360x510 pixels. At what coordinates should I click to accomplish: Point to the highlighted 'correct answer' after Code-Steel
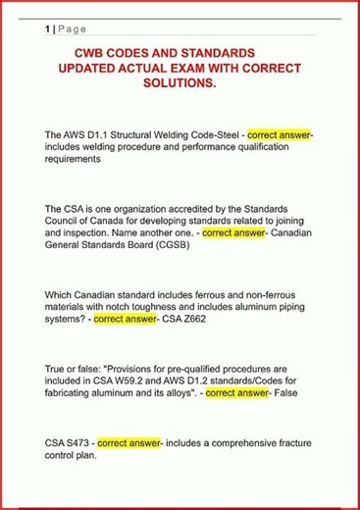point(280,133)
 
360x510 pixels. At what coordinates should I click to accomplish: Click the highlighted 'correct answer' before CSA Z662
point(127,319)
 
